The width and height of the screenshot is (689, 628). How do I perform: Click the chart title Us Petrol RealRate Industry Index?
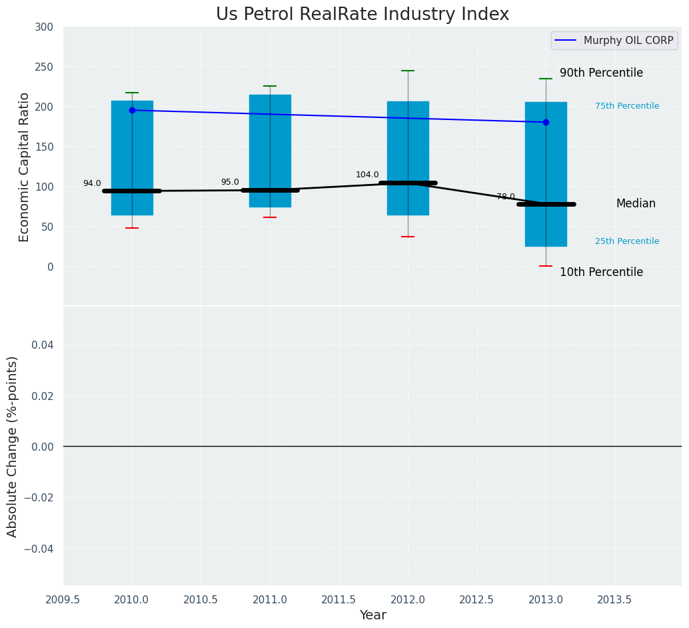pyautogui.click(x=362, y=15)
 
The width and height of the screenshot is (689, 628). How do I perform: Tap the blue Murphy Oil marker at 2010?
pyautogui.click(x=132, y=110)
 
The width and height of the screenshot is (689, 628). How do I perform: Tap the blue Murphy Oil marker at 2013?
pyautogui.click(x=546, y=122)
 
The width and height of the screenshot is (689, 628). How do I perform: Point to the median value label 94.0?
pyautogui.click(x=92, y=183)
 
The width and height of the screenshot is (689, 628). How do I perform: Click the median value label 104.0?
pyautogui.click(x=367, y=175)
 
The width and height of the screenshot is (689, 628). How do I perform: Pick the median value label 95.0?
pyautogui.click(x=230, y=182)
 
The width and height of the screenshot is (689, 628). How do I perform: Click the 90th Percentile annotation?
pyautogui.click(x=601, y=73)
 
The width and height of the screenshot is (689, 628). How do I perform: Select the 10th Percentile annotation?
pyautogui.click(x=601, y=272)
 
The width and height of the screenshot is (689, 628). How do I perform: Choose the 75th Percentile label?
pyautogui.click(x=627, y=106)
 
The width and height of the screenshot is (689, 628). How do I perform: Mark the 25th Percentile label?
pyautogui.click(x=627, y=241)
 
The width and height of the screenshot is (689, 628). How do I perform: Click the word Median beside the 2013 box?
pyautogui.click(x=636, y=204)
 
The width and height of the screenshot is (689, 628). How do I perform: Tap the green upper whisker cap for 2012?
pyautogui.click(x=408, y=71)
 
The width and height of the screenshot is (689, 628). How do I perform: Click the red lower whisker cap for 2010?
pyautogui.click(x=132, y=228)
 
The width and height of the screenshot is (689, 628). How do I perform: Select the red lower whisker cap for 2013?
pyautogui.click(x=546, y=266)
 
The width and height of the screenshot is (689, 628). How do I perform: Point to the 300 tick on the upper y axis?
pyautogui.click(x=44, y=27)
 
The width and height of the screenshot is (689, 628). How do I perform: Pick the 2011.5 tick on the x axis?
pyautogui.click(x=339, y=599)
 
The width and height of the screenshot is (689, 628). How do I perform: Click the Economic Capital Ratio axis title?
pyautogui.click(x=25, y=167)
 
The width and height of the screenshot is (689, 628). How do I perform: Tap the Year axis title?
pyautogui.click(x=372, y=615)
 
